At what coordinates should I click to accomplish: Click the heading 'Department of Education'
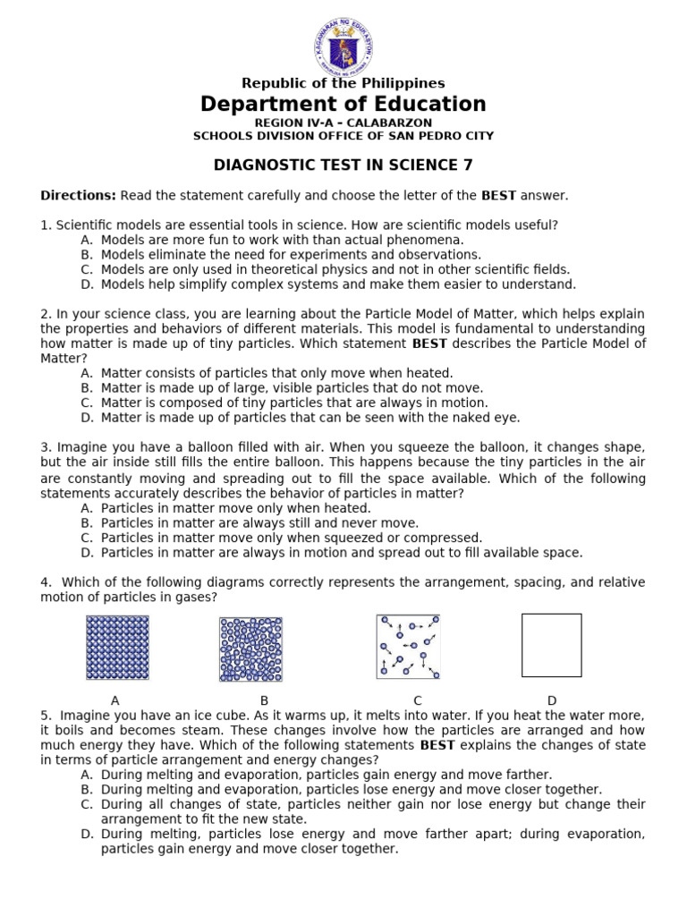click(x=343, y=104)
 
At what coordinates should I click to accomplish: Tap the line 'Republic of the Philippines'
click(x=343, y=83)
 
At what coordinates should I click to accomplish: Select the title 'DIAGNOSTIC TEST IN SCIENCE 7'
click(x=343, y=165)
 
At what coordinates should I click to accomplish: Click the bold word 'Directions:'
click(x=79, y=195)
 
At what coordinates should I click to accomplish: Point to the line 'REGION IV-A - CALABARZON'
click(x=343, y=123)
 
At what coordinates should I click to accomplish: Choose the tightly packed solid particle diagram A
click(x=117, y=648)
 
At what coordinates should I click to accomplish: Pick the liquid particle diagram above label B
click(x=250, y=649)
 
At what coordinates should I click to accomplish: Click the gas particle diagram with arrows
click(x=408, y=646)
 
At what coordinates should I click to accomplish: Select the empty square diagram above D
click(x=551, y=645)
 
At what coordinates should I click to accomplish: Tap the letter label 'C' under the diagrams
click(x=417, y=700)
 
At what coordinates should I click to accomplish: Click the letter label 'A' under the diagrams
click(x=115, y=700)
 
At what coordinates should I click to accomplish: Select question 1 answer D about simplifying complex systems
click(x=338, y=284)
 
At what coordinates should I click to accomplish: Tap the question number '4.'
click(x=46, y=582)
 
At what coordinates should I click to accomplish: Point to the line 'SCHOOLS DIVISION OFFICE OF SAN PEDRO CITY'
click(x=343, y=136)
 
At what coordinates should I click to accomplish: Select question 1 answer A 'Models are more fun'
click(x=282, y=240)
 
